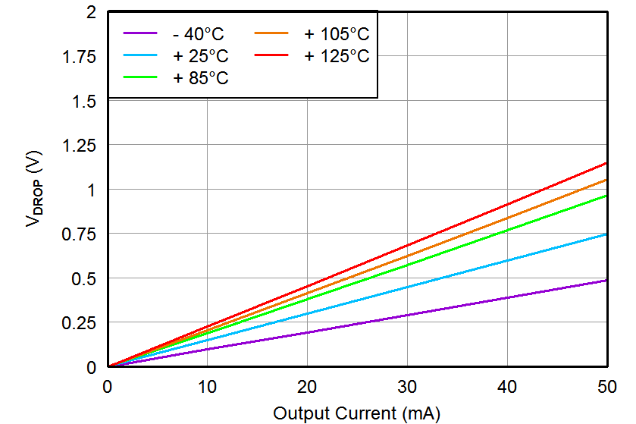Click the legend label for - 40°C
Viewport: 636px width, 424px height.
199,34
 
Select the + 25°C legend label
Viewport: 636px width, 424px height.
200,56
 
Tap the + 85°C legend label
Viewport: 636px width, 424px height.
200,78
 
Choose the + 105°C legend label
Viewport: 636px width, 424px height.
337,34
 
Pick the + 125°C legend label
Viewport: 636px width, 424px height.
337,56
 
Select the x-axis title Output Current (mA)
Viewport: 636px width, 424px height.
356,413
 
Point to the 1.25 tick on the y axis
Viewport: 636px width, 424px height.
81,146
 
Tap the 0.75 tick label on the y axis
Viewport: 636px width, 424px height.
81,234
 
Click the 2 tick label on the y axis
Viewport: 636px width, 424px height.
91,13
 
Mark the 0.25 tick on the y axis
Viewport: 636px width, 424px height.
81,323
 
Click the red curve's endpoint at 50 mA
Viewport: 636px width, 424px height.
607,163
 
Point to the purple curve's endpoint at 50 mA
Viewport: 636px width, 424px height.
607,281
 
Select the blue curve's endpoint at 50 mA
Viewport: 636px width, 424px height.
607,234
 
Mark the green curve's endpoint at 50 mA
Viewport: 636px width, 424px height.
607,196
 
